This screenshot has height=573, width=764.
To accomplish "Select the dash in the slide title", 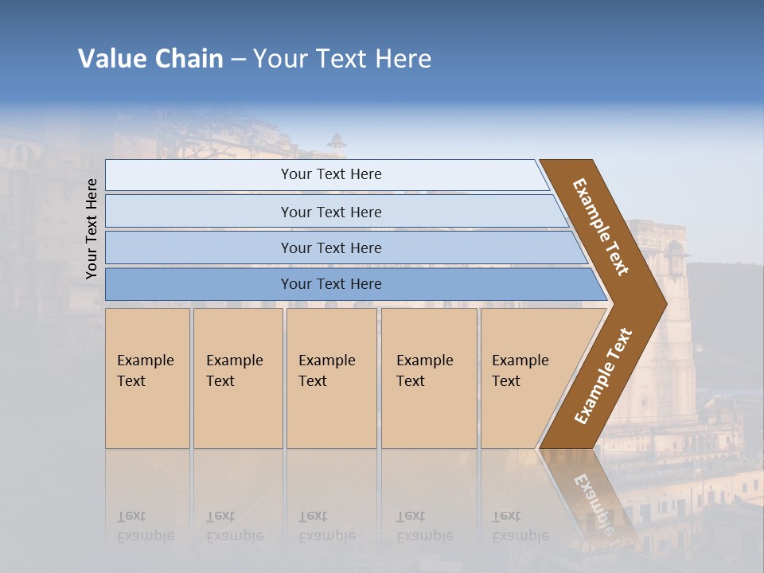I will pyautogui.click(x=238, y=60).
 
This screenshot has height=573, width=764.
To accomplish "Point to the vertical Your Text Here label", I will pyautogui.click(x=92, y=229).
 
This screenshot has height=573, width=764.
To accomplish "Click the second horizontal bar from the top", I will pyautogui.click(x=330, y=212).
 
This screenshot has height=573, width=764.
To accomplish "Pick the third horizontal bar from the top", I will pyautogui.click(x=330, y=248).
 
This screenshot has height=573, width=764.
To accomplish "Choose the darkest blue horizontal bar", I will pyautogui.click(x=330, y=284).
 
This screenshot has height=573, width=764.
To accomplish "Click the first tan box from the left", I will pyautogui.click(x=147, y=378).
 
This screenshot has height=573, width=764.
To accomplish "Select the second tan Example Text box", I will pyautogui.click(x=238, y=378).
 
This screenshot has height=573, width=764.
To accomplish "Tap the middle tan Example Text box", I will pyautogui.click(x=331, y=378).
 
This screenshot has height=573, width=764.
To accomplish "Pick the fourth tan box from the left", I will pyautogui.click(x=429, y=378).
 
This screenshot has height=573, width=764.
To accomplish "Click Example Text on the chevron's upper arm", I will pyautogui.click(x=601, y=227).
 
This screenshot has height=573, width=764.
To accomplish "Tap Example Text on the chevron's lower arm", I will pyautogui.click(x=603, y=376).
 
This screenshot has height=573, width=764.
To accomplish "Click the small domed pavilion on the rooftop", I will pyautogui.click(x=337, y=143).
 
